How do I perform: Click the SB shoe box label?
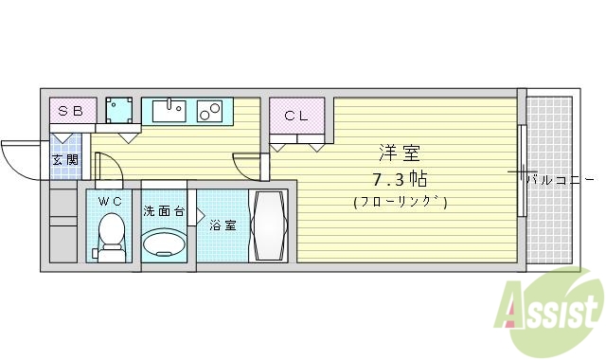pyautogui.click(x=71, y=112)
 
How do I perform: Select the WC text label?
pyautogui.click(x=112, y=200)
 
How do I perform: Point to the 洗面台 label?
pyautogui.click(x=164, y=209)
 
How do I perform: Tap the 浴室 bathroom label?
pyautogui.click(x=223, y=225)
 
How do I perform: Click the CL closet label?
pyautogui.click(x=295, y=117)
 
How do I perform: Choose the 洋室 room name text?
pyautogui.click(x=400, y=153)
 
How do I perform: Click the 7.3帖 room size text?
pyautogui.click(x=400, y=177)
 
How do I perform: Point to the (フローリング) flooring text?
pyautogui.click(x=400, y=202)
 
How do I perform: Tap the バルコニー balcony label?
pyautogui.click(x=561, y=177)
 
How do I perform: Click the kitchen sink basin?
pyautogui.click(x=167, y=111)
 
